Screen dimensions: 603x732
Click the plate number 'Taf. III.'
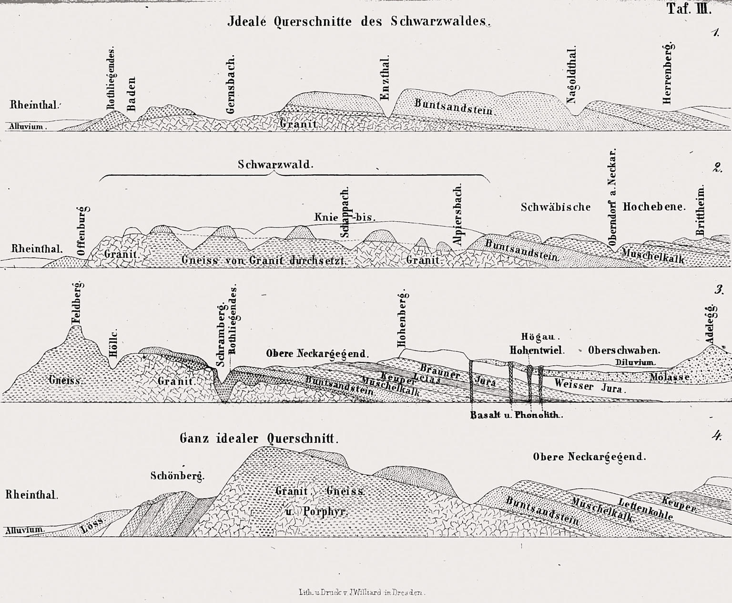click(689, 9)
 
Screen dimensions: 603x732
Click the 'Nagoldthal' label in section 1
click(572, 75)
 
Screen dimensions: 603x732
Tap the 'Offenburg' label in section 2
click(81, 231)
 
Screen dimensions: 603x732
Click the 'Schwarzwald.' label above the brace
click(275, 165)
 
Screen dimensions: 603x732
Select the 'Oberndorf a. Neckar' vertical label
click(613, 196)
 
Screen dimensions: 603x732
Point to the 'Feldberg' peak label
click(77, 304)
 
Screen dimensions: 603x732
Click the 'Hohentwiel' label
click(537, 350)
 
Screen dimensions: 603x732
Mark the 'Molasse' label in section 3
click(670, 377)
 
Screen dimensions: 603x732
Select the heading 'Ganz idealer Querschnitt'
click(259, 439)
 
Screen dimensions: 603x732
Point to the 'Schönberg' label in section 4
click(177, 475)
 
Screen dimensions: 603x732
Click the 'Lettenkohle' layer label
click(646, 509)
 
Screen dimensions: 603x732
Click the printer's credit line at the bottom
click(361, 593)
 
